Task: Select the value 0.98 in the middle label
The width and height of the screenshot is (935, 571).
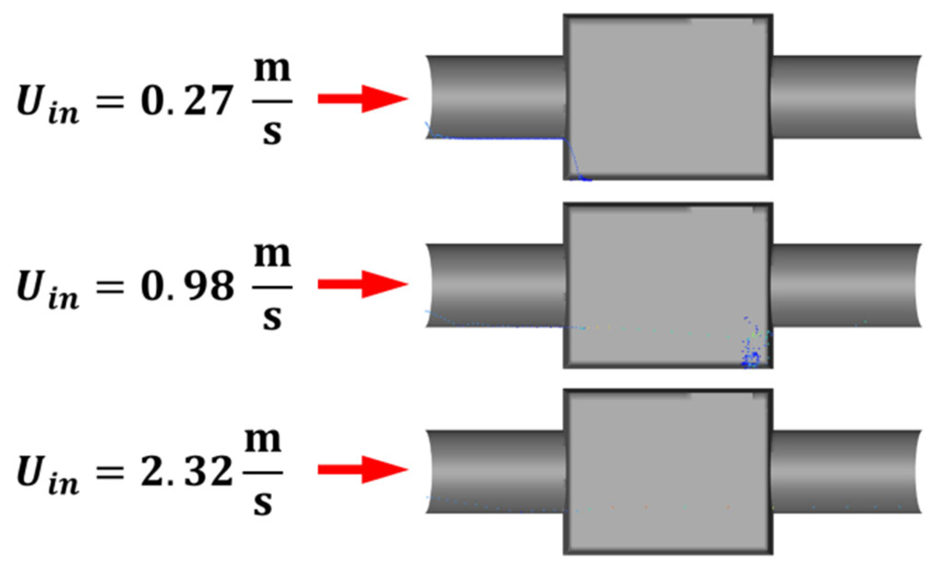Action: coord(187,286)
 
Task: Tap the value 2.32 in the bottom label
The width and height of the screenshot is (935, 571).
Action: coord(186,472)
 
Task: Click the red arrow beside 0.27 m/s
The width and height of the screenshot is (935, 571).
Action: coord(362,99)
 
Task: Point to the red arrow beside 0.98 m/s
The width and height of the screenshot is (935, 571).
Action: coord(362,284)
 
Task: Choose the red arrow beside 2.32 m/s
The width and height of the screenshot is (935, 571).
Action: coord(362,470)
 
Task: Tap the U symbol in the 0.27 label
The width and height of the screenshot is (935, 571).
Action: coord(30,100)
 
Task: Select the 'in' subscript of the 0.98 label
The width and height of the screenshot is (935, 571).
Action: coord(63,299)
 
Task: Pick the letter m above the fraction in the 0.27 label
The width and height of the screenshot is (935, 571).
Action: coord(272,70)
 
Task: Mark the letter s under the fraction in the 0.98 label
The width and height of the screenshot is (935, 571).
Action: coord(272,319)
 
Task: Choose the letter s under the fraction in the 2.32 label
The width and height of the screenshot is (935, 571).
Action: coord(263,505)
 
